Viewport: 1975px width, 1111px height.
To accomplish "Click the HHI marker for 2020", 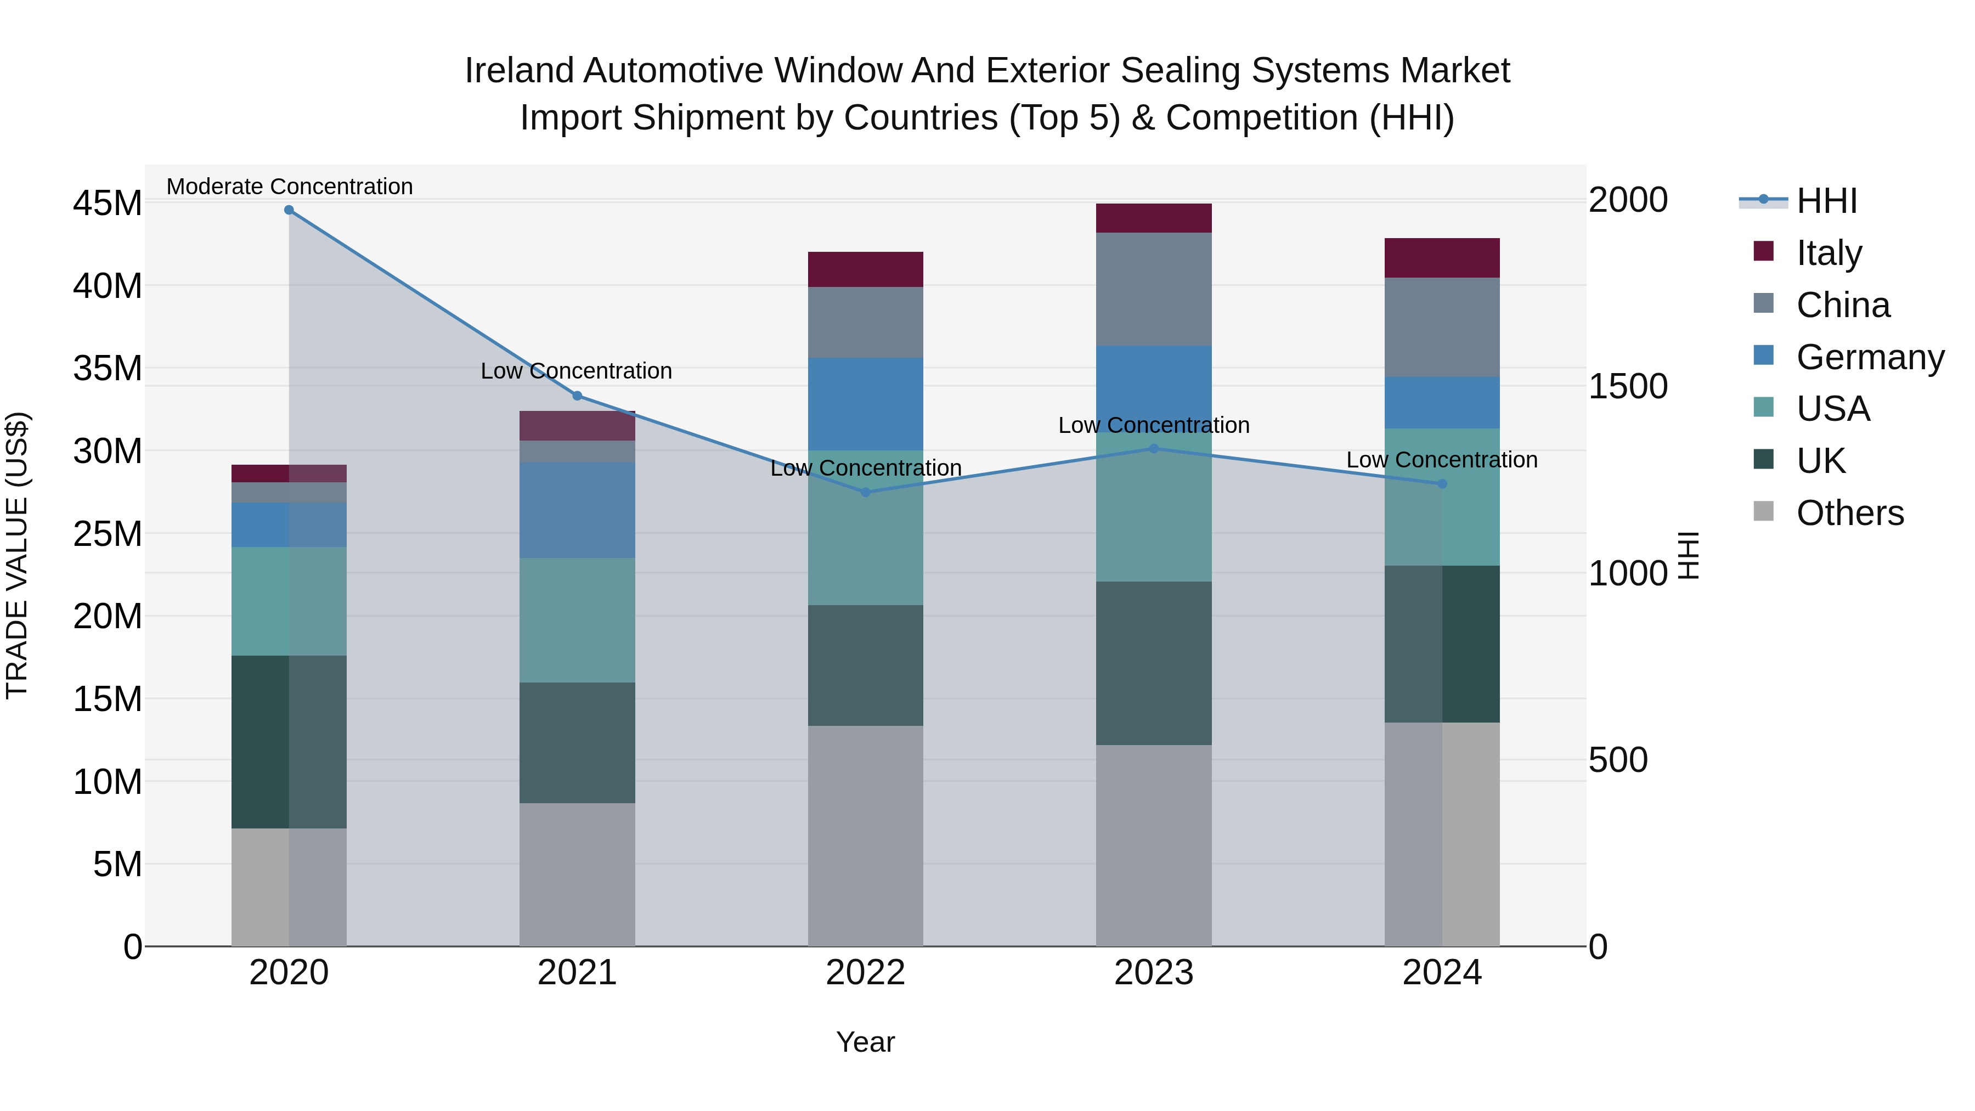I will click(x=289, y=210).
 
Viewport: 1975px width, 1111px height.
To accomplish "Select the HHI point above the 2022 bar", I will click(x=866, y=492).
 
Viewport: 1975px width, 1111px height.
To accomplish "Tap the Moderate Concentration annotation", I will click(x=289, y=187).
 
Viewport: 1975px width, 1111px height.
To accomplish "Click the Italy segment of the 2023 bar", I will click(x=1153, y=218).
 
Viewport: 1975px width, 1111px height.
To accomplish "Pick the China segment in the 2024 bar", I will click(x=1441, y=328).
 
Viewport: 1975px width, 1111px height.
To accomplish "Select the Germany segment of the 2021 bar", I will click(x=577, y=510).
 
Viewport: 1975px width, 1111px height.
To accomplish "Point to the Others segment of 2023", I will click(x=1153, y=845).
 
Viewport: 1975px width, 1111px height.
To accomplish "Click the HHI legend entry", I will click(x=1826, y=201).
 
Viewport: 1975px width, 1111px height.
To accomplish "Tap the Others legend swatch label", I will click(x=1849, y=513).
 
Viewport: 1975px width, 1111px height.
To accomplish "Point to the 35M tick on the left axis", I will click(x=108, y=369).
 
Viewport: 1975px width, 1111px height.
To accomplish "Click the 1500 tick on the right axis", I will click(x=1627, y=386).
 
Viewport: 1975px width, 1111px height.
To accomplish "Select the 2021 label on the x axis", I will click(x=577, y=973).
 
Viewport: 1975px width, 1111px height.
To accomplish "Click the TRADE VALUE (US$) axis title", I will click(x=17, y=555).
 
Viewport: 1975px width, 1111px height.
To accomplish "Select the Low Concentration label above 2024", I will click(x=1441, y=460).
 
